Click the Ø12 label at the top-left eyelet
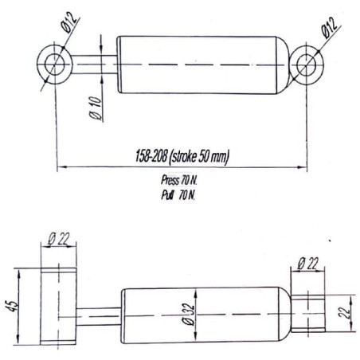(70, 22)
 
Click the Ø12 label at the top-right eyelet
(329, 27)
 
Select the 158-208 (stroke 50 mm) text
(182, 156)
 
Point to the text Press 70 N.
(179, 181)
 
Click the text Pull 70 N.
(178, 195)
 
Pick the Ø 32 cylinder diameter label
(190, 315)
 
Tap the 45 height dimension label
(11, 307)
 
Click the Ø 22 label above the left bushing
(59, 239)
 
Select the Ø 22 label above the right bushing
(307, 264)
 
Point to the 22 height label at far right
(343, 313)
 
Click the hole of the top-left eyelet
(55, 65)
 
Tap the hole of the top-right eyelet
(306, 65)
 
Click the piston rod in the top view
(94, 65)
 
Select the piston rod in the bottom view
(99, 316)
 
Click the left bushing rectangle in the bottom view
(58, 306)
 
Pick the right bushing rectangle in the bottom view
(308, 313)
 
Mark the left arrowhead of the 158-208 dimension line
(61, 167)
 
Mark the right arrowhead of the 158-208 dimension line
(302, 167)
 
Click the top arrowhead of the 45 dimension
(18, 273)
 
